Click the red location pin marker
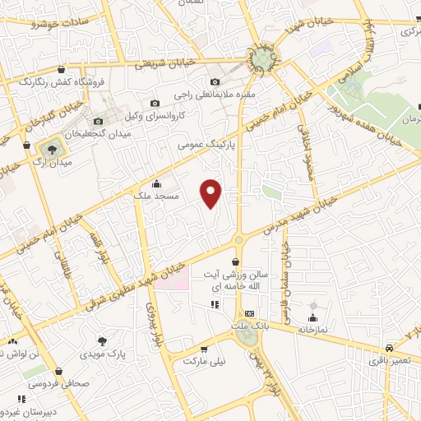pyautogui.click(x=212, y=192)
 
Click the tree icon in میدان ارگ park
pyautogui.click(x=53, y=149)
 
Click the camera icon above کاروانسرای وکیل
pyautogui.click(x=155, y=104)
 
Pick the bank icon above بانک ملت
pyautogui.click(x=249, y=314)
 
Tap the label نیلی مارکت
pyautogui.click(x=203, y=361)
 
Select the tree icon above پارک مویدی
pyautogui.click(x=102, y=341)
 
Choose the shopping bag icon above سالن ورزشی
pyautogui.click(x=237, y=261)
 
